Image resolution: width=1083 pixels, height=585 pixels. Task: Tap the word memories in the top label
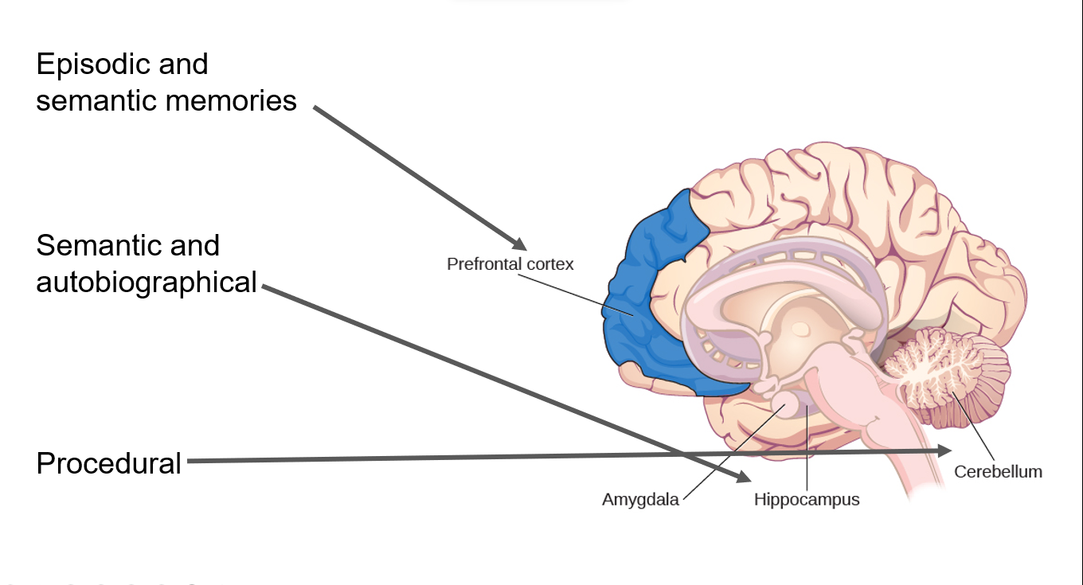231,100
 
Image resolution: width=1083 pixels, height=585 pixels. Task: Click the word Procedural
109,463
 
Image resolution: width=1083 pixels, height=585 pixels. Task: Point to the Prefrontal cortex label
510,264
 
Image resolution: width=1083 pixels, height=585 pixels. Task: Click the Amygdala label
640,500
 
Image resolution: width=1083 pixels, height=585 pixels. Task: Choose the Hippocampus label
807,500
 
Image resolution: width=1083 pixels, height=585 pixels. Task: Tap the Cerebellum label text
998,472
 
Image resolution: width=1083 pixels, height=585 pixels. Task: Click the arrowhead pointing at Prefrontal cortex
520,244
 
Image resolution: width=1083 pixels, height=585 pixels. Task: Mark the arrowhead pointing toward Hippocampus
743,476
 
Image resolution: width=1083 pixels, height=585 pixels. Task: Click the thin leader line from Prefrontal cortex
575,294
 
